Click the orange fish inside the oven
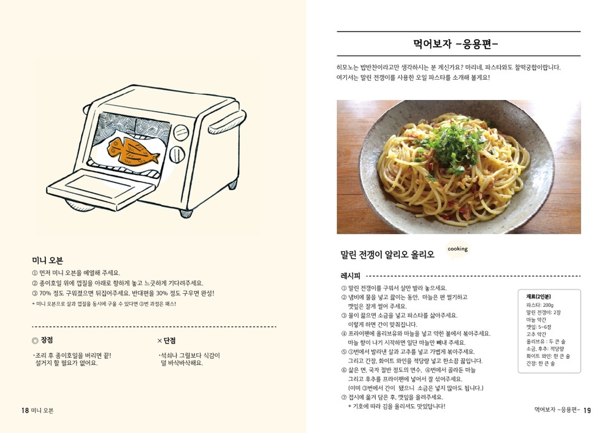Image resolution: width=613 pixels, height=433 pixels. coord(133,150)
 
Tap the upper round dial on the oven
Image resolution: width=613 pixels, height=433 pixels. coord(180,132)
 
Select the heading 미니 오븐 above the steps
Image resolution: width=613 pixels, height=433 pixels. coord(47,261)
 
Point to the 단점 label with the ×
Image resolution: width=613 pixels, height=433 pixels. coord(166,340)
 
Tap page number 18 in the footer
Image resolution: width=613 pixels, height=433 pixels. coord(25,410)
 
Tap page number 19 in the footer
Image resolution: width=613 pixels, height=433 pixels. coord(587,410)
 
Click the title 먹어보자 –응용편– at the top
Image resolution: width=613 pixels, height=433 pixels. coord(455,44)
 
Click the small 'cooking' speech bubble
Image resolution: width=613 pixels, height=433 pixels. coord(457,249)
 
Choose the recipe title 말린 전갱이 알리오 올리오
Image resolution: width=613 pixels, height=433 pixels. coord(387,255)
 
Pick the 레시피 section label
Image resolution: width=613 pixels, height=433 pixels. coord(350,276)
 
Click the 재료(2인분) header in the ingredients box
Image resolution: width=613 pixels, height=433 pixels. coord(538,297)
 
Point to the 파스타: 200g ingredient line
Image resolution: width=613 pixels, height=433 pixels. coord(540,305)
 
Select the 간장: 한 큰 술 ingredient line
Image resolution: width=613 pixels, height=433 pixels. coord(540,363)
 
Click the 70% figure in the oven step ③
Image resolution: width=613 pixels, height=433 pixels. coord(45,293)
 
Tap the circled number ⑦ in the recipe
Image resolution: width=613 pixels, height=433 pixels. coord(344,397)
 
